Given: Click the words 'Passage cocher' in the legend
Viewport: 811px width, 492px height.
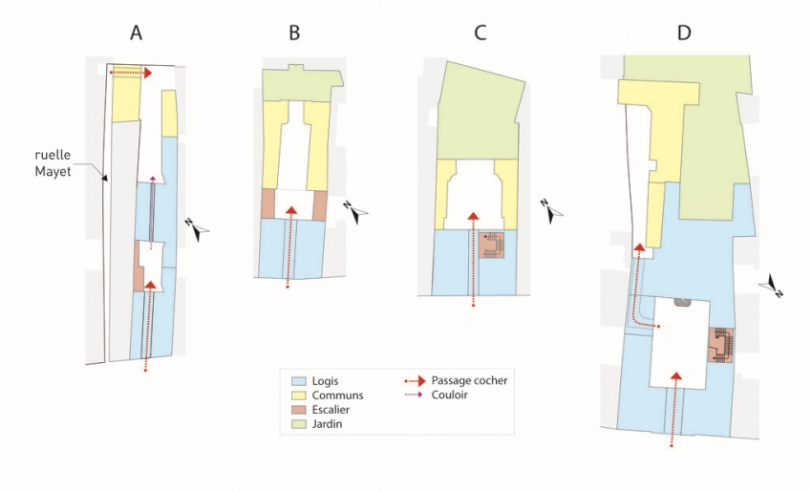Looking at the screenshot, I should click(469, 380).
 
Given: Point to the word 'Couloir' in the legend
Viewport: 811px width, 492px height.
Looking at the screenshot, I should click(450, 396).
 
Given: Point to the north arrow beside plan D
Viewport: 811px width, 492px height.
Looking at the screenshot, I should click(774, 288).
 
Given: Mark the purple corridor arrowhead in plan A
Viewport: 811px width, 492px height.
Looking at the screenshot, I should click(152, 179).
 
